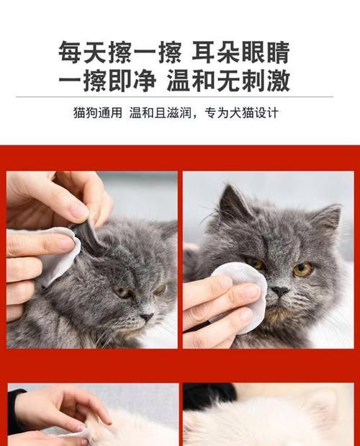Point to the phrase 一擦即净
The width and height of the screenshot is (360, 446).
pos(107,81)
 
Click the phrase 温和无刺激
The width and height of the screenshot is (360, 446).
pos(228,81)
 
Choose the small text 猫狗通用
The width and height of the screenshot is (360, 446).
pos(98,112)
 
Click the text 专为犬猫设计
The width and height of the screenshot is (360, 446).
pos(241,112)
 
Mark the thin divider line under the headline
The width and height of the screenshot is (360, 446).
pos(174,97)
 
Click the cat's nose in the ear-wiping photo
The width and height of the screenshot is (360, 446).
pos(147,317)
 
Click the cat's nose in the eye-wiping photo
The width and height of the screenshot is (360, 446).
pos(279,292)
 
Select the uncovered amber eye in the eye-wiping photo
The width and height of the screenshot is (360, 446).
pos(303,269)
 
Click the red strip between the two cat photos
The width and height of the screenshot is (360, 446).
pos(180,259)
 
